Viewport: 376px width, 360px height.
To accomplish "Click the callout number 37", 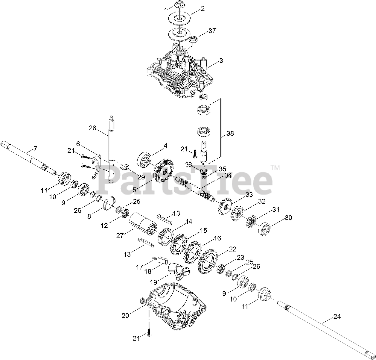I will [x=212, y=31].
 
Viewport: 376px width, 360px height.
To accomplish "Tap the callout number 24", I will [x=337, y=317].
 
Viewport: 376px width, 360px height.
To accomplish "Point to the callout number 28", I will [x=93, y=128].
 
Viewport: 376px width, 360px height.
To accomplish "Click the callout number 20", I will [x=125, y=315].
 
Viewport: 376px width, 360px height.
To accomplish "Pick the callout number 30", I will [x=288, y=217].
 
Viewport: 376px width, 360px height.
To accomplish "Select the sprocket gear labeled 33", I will [x=224, y=208].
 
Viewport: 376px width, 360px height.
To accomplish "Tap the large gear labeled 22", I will [x=208, y=261].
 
